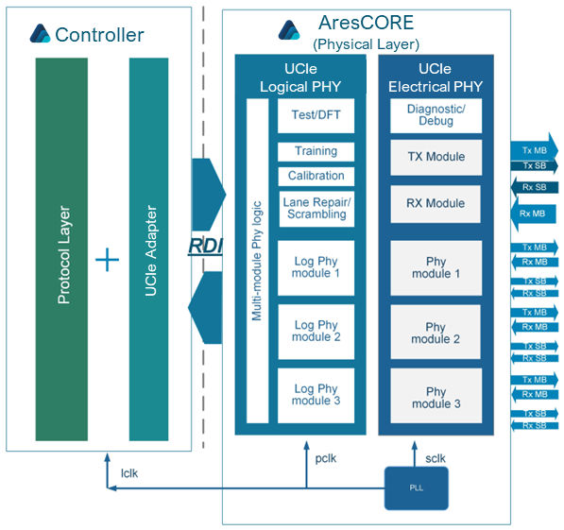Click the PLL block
point(417,487)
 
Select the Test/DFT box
point(316,115)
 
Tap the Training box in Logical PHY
point(316,151)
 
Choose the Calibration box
point(316,176)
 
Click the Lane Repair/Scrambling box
point(316,209)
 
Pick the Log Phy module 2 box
point(316,332)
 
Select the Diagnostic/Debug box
point(436,115)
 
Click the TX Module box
point(436,157)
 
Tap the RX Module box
point(436,204)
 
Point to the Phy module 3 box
point(436,396)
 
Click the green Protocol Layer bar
point(61,249)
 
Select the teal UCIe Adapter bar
point(148,249)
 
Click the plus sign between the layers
point(107,260)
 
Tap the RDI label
point(205,247)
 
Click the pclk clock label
point(326,459)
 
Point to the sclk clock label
point(436,458)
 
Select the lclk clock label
point(129,473)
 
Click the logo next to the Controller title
point(40,33)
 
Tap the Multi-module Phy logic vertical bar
point(258,261)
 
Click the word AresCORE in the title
point(367,23)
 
